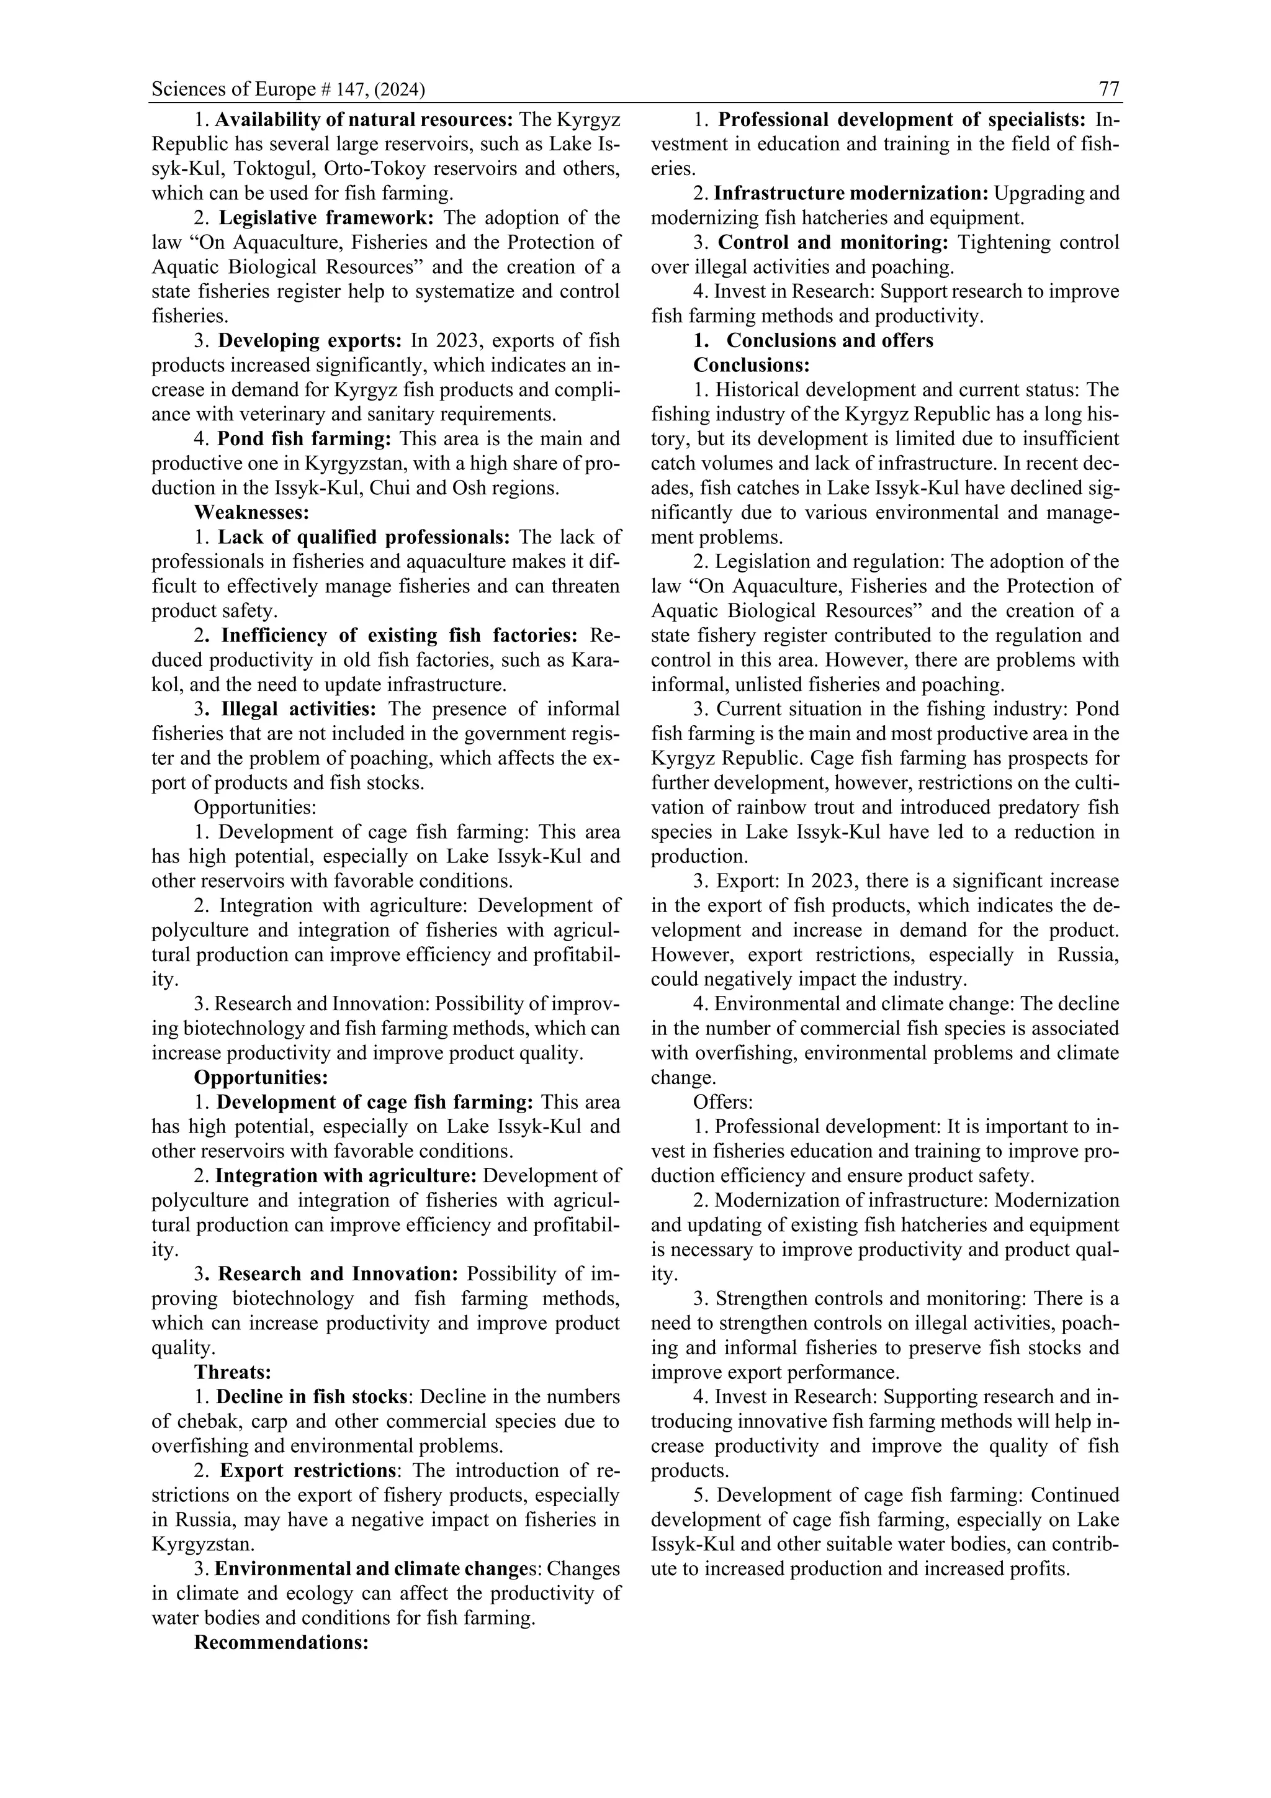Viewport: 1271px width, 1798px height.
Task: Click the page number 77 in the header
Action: click(x=1109, y=89)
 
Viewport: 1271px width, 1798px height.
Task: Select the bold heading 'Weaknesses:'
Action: click(x=251, y=512)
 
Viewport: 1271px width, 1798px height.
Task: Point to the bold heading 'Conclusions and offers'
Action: click(x=830, y=341)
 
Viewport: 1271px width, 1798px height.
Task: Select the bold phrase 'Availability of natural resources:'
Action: click(x=364, y=120)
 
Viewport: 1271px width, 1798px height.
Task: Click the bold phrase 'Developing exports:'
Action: click(x=309, y=341)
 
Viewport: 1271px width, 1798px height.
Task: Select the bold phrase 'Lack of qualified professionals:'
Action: click(x=364, y=537)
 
